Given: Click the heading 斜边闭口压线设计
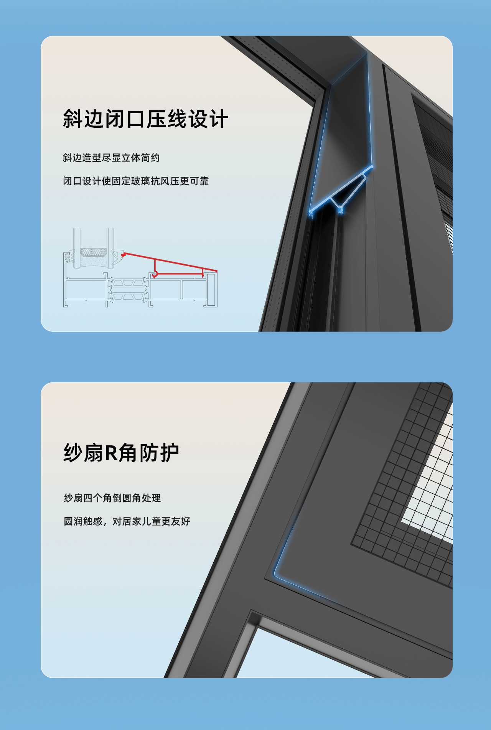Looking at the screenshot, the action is coord(145,119).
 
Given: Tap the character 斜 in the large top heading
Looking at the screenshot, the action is coord(73,119).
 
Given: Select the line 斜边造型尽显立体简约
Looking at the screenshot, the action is coord(111,158).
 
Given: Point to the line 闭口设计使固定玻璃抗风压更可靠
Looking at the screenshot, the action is coord(136,181).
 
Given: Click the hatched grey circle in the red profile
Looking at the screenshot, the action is coord(155,274).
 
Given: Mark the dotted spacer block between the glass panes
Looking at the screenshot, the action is coord(94,252).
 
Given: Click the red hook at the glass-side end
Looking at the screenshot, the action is coord(123,255).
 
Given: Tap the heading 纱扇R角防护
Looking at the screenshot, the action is coord(121,453).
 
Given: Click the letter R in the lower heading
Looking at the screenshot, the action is coord(111,453).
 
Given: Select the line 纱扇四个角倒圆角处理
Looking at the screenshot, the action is coord(112,498).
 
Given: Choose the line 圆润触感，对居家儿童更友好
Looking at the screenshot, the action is coord(127,521).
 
